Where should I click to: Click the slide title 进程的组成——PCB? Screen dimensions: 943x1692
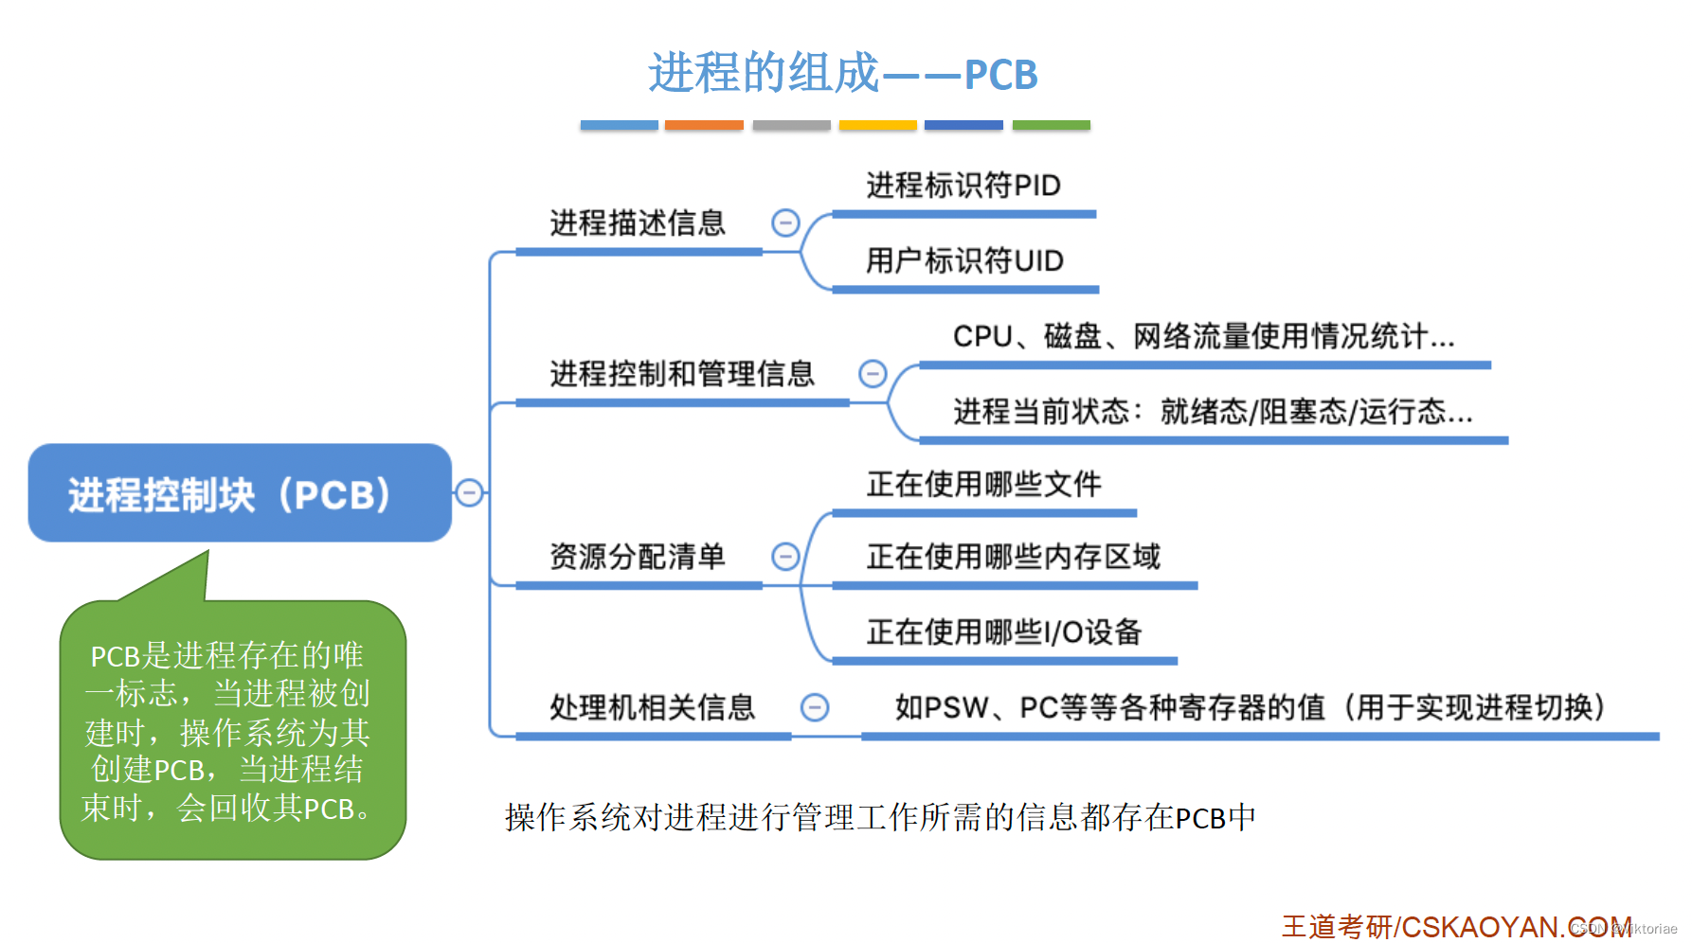point(842,74)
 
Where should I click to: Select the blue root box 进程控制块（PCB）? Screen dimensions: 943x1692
point(239,493)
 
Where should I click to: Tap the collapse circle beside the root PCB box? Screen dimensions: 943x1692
point(469,492)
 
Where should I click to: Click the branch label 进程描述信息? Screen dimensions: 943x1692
point(637,223)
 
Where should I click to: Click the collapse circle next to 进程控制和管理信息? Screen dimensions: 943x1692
point(872,374)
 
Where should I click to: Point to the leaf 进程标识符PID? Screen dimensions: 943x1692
point(963,186)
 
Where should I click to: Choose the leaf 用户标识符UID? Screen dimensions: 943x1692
point(964,260)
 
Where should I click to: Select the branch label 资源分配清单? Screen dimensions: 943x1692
point(637,557)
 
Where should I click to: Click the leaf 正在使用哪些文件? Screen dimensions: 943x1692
point(983,485)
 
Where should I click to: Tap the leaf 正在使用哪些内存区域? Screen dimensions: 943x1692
point(1013,557)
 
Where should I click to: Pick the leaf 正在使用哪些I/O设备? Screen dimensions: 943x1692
point(1003,632)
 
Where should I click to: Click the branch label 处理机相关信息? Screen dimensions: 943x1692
point(652,707)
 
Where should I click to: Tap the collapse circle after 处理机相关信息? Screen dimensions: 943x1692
point(815,707)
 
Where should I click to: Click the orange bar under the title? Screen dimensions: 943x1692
point(704,125)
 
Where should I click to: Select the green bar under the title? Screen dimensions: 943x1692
point(1051,125)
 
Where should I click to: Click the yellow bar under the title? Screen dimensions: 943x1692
point(877,125)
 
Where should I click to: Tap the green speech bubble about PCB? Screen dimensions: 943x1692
point(232,730)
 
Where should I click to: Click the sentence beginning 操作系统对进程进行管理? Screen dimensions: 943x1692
point(880,817)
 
